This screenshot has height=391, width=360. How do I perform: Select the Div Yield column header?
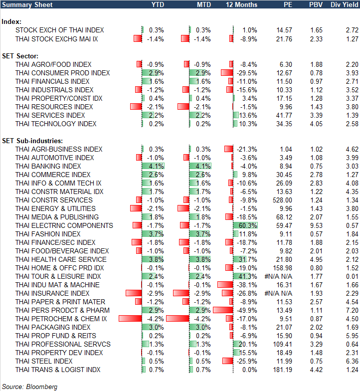tap(344, 4)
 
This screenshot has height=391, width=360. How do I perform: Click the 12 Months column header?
tap(242, 4)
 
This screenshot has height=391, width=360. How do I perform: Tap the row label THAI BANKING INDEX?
tap(48, 166)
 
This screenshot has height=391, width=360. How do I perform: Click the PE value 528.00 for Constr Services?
tap(283, 200)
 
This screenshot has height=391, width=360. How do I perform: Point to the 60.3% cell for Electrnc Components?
tap(248, 225)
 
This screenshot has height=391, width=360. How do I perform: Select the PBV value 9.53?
tap(316, 225)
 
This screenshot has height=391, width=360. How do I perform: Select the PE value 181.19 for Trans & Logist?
tap(283, 370)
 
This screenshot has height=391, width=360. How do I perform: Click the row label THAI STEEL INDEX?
tap(44, 361)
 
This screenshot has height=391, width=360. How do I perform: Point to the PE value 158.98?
tap(283, 268)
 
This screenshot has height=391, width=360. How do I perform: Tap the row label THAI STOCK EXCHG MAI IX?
tap(56, 39)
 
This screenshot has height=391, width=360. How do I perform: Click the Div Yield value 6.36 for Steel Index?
tap(352, 361)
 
